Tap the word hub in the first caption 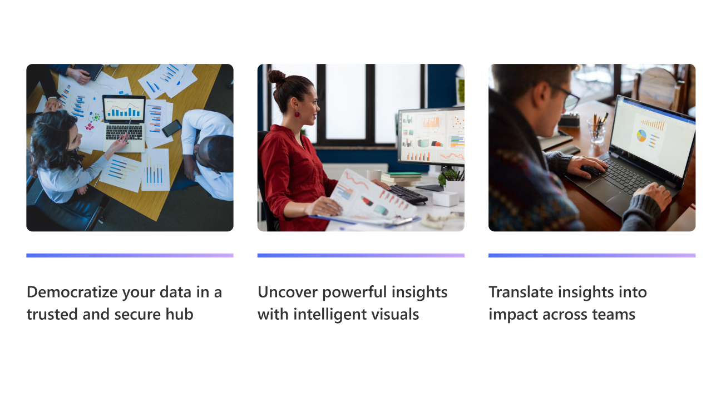(x=179, y=314)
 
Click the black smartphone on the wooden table (x=171, y=128)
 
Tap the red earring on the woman (x=297, y=114)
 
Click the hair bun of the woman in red (x=276, y=77)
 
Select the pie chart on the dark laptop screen (x=641, y=136)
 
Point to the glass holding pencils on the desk (x=596, y=130)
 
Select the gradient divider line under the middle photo (x=361, y=255)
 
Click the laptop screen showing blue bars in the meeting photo (x=124, y=109)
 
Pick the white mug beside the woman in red (x=374, y=175)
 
